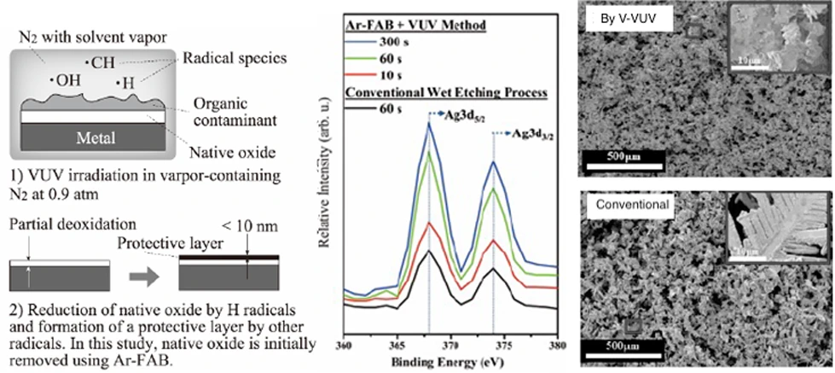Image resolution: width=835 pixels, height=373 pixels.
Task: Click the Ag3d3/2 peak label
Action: (x=528, y=133)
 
